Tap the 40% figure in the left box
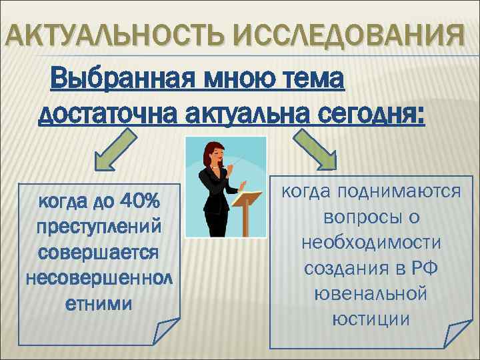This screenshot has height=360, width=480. click(x=153, y=199)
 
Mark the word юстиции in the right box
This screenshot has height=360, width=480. click(x=374, y=319)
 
